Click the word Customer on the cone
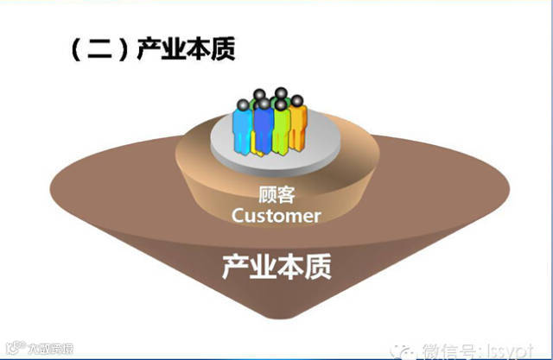click(276, 215)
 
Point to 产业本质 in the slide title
click(186, 49)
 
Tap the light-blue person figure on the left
click(246, 125)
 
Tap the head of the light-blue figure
click(245, 101)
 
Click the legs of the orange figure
click(296, 140)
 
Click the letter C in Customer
click(238, 215)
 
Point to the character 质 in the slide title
click(222, 49)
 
